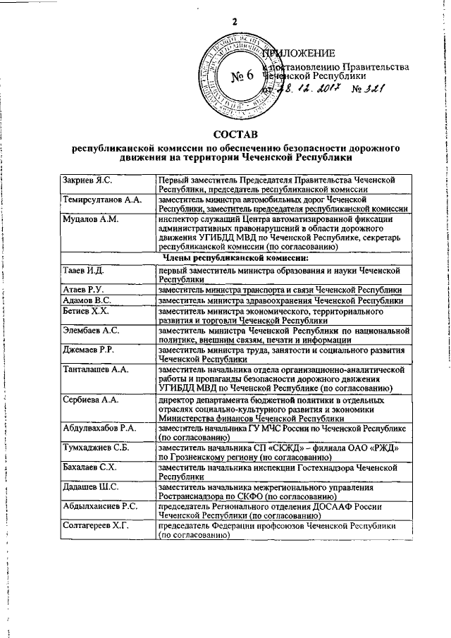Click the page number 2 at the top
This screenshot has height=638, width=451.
click(x=233, y=23)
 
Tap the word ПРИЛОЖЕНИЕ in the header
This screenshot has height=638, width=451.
click(x=297, y=54)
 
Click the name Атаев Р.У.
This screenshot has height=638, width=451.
click(x=84, y=290)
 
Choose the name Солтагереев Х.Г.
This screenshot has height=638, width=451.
click(x=96, y=525)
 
